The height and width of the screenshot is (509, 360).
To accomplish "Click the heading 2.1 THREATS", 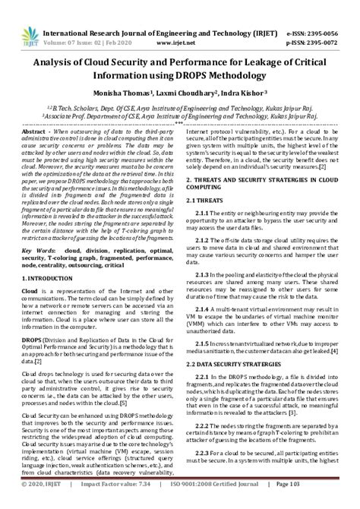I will tap(205, 199).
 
